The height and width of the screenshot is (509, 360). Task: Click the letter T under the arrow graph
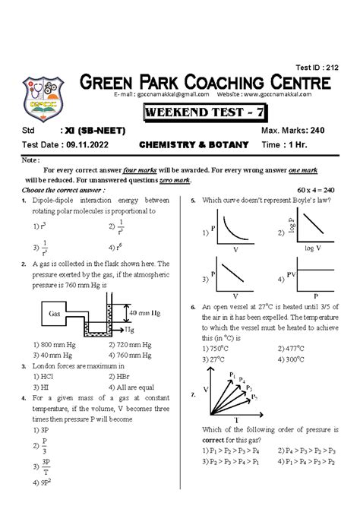236,419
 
